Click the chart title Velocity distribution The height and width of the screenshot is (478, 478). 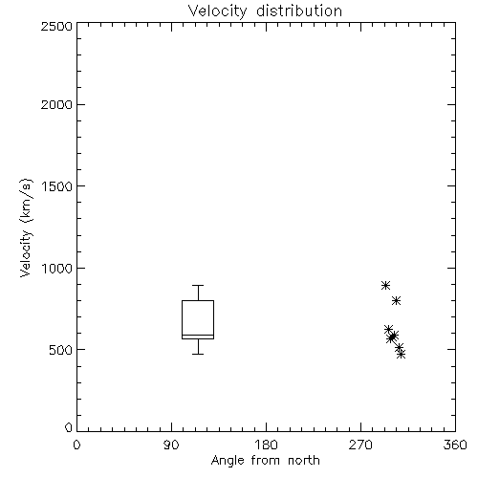pyautogui.click(x=265, y=11)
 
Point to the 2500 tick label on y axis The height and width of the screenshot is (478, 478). pyautogui.click(x=56, y=26)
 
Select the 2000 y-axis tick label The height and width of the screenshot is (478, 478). pyautogui.click(x=56, y=104)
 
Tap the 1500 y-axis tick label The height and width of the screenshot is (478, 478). pyautogui.click(x=57, y=186)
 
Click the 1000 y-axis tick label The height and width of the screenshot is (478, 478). pyautogui.click(x=57, y=268)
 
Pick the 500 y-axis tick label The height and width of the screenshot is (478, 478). pyautogui.click(x=61, y=350)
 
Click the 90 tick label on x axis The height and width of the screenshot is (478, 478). pyautogui.click(x=171, y=445)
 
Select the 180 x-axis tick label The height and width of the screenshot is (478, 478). pyautogui.click(x=266, y=445)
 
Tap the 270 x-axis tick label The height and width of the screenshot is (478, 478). pyautogui.click(x=360, y=445)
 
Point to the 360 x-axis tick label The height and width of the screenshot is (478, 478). pyautogui.click(x=455, y=445)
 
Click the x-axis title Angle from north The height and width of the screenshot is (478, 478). pyautogui.click(x=266, y=461)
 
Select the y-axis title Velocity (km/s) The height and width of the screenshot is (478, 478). pyautogui.click(x=26, y=228)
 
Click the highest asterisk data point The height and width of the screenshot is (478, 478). pyautogui.click(x=385, y=285)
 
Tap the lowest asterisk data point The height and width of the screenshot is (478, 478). pyautogui.click(x=402, y=354)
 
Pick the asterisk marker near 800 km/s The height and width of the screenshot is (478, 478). pyautogui.click(x=396, y=300)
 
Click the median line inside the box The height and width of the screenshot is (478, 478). pyautogui.click(x=198, y=336)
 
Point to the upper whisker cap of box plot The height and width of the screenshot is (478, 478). pyautogui.click(x=198, y=285)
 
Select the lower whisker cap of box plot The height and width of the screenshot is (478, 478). pyautogui.click(x=198, y=354)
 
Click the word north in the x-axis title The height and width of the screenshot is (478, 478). pyautogui.click(x=304, y=461)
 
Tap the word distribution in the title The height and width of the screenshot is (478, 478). pyautogui.click(x=299, y=11)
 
